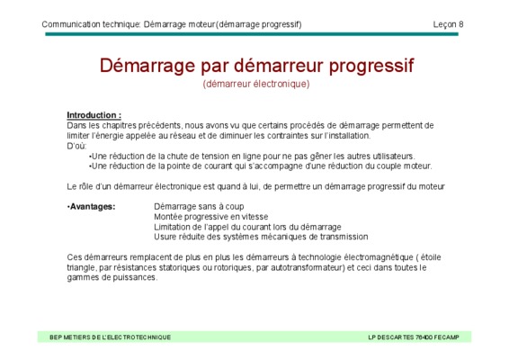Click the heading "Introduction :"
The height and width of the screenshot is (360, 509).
(94, 115)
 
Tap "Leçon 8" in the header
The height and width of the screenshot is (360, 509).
(448, 24)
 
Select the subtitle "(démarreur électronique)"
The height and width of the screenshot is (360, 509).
(256, 84)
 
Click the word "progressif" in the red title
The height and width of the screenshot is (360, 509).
(371, 66)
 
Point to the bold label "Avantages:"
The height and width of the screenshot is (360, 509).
(91, 207)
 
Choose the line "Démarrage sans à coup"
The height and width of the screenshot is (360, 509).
(199, 207)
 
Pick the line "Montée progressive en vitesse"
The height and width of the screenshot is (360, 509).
(211, 217)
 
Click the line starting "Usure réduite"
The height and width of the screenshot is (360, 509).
(261, 237)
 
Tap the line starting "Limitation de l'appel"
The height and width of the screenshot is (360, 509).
(247, 227)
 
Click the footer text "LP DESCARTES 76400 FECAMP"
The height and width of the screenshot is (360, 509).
(414, 337)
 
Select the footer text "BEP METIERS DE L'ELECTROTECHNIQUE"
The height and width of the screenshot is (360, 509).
(110, 337)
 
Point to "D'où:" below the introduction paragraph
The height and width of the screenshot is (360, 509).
(76, 146)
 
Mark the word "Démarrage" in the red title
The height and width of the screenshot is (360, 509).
(147, 66)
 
